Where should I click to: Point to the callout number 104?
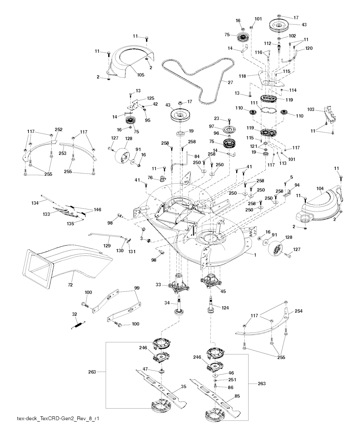(320, 189)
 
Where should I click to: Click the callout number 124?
(225, 308)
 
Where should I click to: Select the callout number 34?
(167, 303)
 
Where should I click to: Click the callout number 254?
(298, 311)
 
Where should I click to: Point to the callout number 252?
(58, 130)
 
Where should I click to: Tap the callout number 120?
(309, 48)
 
